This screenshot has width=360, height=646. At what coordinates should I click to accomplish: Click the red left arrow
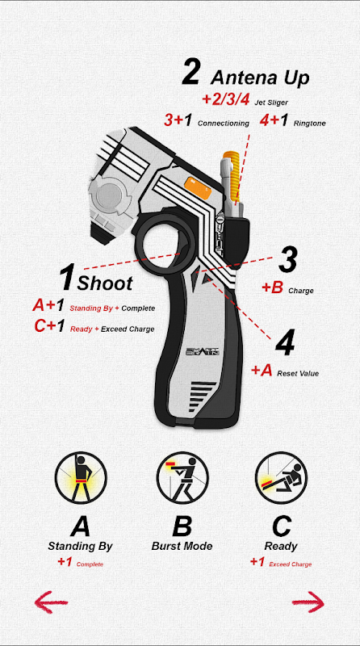click(x=51, y=602)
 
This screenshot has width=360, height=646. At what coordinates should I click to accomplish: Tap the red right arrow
click(x=308, y=602)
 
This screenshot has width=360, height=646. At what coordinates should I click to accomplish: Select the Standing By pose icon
click(x=81, y=478)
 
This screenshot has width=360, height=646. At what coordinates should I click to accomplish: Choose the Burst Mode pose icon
click(x=182, y=478)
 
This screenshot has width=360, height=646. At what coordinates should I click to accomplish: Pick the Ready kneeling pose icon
click(x=282, y=478)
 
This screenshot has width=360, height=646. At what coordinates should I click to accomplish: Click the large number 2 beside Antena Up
click(x=190, y=73)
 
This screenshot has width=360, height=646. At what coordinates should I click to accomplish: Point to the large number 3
click(x=288, y=260)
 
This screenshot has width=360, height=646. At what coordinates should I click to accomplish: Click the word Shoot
click(x=105, y=283)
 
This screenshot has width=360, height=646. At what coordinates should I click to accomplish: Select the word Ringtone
click(x=309, y=124)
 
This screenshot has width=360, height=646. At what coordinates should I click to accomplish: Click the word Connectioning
click(x=224, y=124)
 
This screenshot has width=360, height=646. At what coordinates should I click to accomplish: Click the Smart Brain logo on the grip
click(x=203, y=351)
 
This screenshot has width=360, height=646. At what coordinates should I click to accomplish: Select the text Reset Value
click(x=298, y=374)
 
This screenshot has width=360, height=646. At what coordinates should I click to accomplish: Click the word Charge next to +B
click(x=301, y=291)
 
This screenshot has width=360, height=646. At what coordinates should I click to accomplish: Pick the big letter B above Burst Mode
click(x=182, y=526)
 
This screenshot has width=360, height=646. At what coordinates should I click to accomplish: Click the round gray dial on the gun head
click(x=110, y=195)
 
